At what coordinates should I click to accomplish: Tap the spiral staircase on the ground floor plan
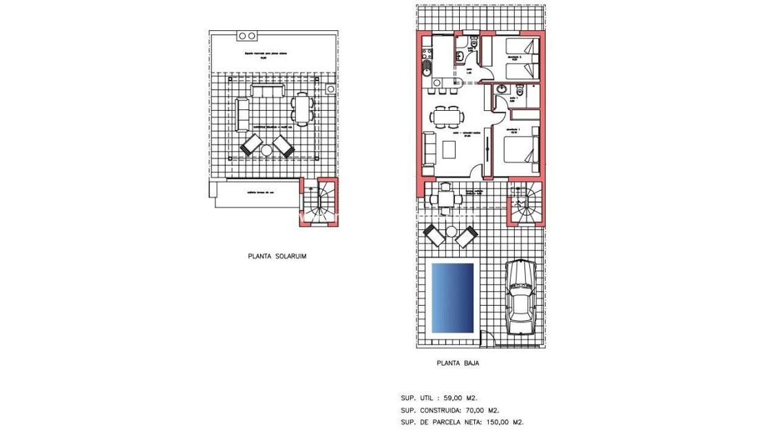(x=527, y=203)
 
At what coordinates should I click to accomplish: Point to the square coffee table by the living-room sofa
(x=450, y=149)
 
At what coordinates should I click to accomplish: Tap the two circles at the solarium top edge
(x=247, y=35)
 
